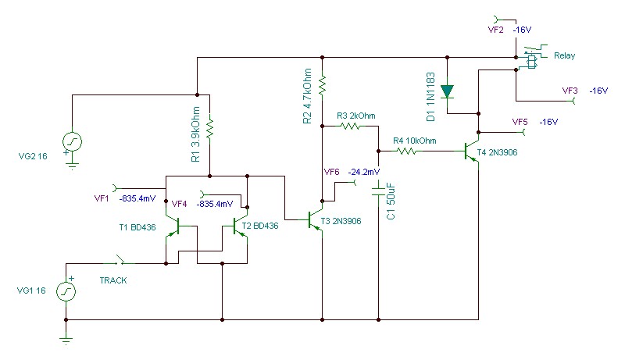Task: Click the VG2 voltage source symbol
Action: click(72, 142)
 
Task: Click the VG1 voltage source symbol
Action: click(66, 291)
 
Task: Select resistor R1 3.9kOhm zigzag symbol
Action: click(209, 128)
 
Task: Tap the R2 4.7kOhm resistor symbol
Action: click(322, 85)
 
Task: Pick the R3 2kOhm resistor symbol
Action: click(350, 127)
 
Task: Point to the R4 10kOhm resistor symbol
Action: click(406, 151)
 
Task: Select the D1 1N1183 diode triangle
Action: click(447, 91)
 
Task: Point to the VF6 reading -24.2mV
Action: click(363, 172)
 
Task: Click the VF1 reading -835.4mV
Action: click(137, 198)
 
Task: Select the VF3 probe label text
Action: click(570, 91)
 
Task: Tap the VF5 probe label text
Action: click(520, 122)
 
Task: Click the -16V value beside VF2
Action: click(522, 30)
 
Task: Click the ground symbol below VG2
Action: click(72, 165)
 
